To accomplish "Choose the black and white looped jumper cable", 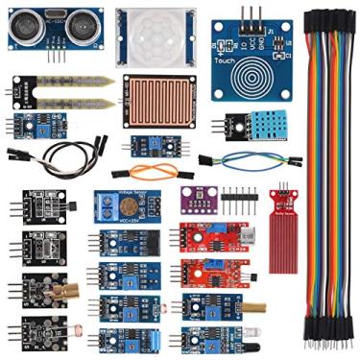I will pyautogui.click(x=67, y=152).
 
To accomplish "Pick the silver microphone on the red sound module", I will pyautogui.click(x=251, y=234).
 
